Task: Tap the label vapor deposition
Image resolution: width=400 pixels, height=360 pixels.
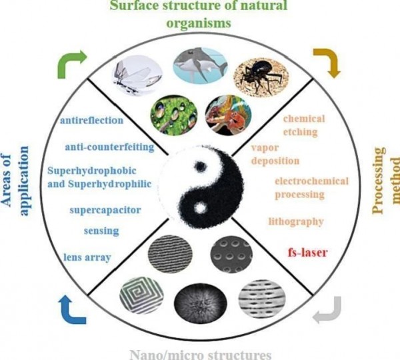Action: pos(275,154)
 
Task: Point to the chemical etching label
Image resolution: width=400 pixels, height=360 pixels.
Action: pos(304,125)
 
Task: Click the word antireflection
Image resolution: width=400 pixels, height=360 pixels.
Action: pos(91,121)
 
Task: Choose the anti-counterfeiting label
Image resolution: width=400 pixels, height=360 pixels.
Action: pos(110,145)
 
